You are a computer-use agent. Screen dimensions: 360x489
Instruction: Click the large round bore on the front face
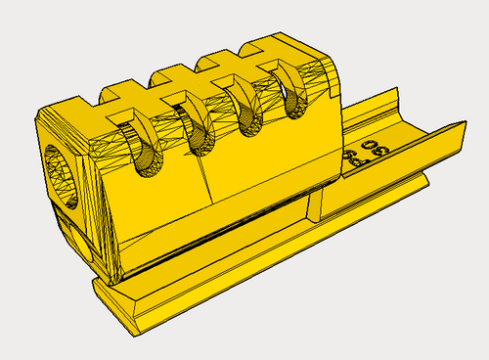coord(61,175)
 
